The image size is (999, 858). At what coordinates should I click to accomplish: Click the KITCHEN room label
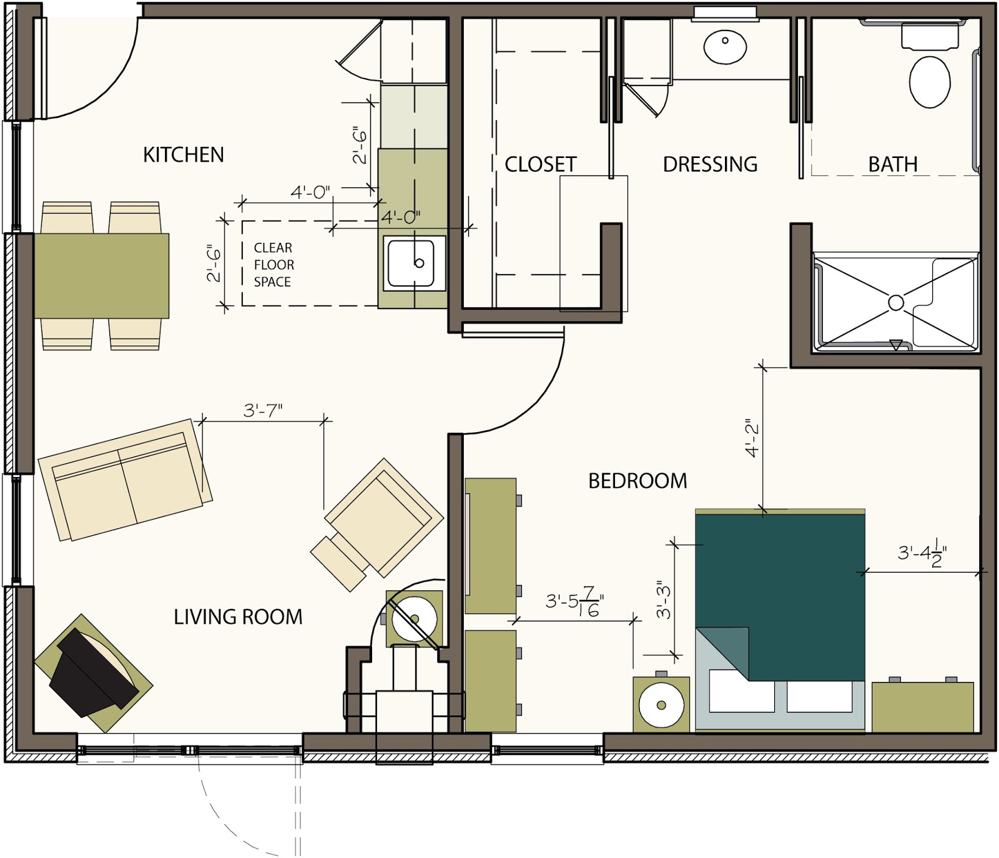tap(183, 155)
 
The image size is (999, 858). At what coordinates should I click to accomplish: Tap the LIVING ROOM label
tap(238, 617)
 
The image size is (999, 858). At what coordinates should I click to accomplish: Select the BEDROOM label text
tap(637, 481)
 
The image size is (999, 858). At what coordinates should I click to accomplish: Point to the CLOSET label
tap(540, 164)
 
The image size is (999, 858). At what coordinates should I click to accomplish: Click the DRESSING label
tap(710, 164)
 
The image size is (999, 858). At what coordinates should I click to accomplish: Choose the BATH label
tap(893, 164)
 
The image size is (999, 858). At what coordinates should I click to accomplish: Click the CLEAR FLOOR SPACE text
tap(273, 265)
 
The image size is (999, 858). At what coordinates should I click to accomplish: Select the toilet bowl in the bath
tap(930, 82)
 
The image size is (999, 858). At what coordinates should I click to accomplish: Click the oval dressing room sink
tap(725, 46)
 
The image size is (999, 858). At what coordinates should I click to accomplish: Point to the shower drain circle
tap(896, 303)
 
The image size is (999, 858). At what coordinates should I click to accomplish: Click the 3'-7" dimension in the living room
tap(263, 410)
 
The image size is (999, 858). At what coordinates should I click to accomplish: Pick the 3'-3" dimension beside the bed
tap(663, 600)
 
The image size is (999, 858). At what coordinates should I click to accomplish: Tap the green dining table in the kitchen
tap(101, 275)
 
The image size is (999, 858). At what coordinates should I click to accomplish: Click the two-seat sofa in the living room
tap(125, 480)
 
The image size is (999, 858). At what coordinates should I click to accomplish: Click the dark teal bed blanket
tap(780, 596)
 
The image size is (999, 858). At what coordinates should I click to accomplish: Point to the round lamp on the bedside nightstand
tap(661, 705)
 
